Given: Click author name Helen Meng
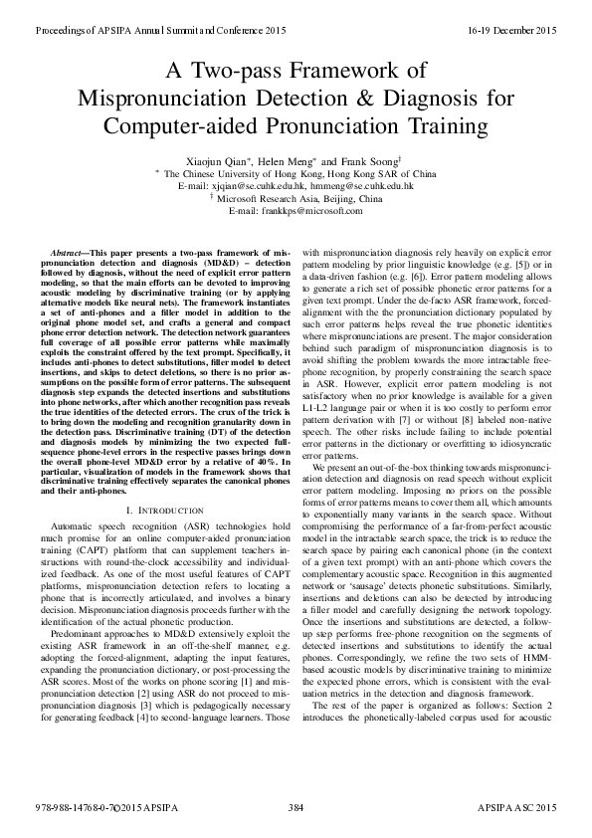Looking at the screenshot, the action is pyautogui.click(x=289, y=159).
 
